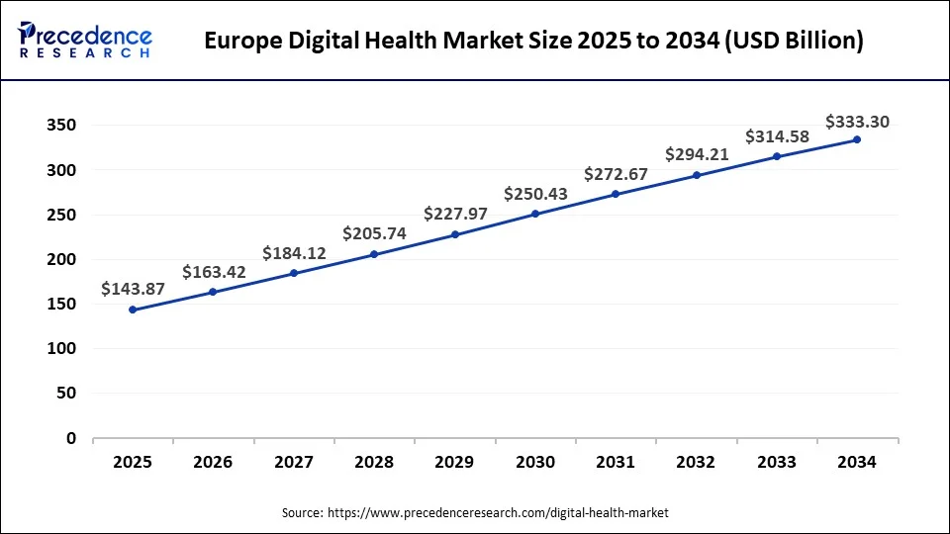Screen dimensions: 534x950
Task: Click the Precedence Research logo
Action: coord(85,40)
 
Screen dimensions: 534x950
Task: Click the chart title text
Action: coord(533,41)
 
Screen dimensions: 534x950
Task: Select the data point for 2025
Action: coord(133,310)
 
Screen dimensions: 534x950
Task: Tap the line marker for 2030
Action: coord(535,214)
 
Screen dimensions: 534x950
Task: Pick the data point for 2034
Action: coord(857,139)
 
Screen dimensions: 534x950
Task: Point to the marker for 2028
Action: coord(374,254)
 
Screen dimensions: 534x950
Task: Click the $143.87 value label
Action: coord(133,289)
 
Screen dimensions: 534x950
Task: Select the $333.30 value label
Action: coord(857,122)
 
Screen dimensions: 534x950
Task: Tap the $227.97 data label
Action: coord(455,214)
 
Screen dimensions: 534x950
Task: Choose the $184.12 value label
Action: coord(294,253)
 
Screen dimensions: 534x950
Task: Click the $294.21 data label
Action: coord(697,154)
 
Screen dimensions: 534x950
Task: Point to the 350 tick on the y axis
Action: coord(60,126)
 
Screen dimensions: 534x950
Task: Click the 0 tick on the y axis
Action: coord(71,438)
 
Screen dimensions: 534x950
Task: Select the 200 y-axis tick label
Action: coord(60,259)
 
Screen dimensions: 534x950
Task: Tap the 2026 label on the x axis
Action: coord(213,462)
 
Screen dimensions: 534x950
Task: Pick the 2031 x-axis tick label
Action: coord(616,462)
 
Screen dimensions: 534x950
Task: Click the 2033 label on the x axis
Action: coord(777,462)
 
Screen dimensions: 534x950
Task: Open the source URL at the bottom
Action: coord(498,512)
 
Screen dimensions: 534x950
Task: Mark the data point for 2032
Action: coord(697,175)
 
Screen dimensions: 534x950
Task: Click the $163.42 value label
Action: coord(213,271)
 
